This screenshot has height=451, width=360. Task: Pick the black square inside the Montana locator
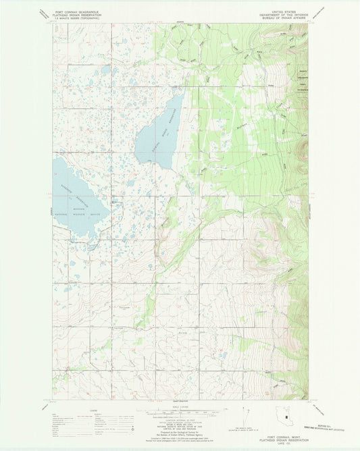click(x=287, y=417)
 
